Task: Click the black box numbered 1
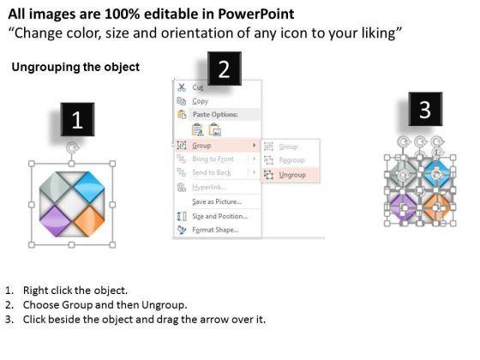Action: (77, 119)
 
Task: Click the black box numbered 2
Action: (225, 69)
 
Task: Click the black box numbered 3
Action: (425, 109)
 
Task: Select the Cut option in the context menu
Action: (198, 87)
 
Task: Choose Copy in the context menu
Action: (201, 101)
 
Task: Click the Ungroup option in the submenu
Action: (292, 175)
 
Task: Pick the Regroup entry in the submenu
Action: (291, 160)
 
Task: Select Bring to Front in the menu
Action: (213, 159)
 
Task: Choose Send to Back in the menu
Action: (212, 172)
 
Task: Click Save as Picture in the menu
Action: (217, 201)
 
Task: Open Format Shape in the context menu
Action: (215, 230)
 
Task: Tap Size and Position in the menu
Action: (219, 216)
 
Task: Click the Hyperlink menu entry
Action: (209, 187)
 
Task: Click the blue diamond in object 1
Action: (89, 187)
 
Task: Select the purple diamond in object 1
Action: (55, 221)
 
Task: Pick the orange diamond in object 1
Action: (89, 221)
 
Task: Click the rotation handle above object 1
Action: (72, 148)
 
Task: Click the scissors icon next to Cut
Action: (182, 87)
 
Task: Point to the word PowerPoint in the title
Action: (256, 14)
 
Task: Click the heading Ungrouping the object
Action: (75, 67)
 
